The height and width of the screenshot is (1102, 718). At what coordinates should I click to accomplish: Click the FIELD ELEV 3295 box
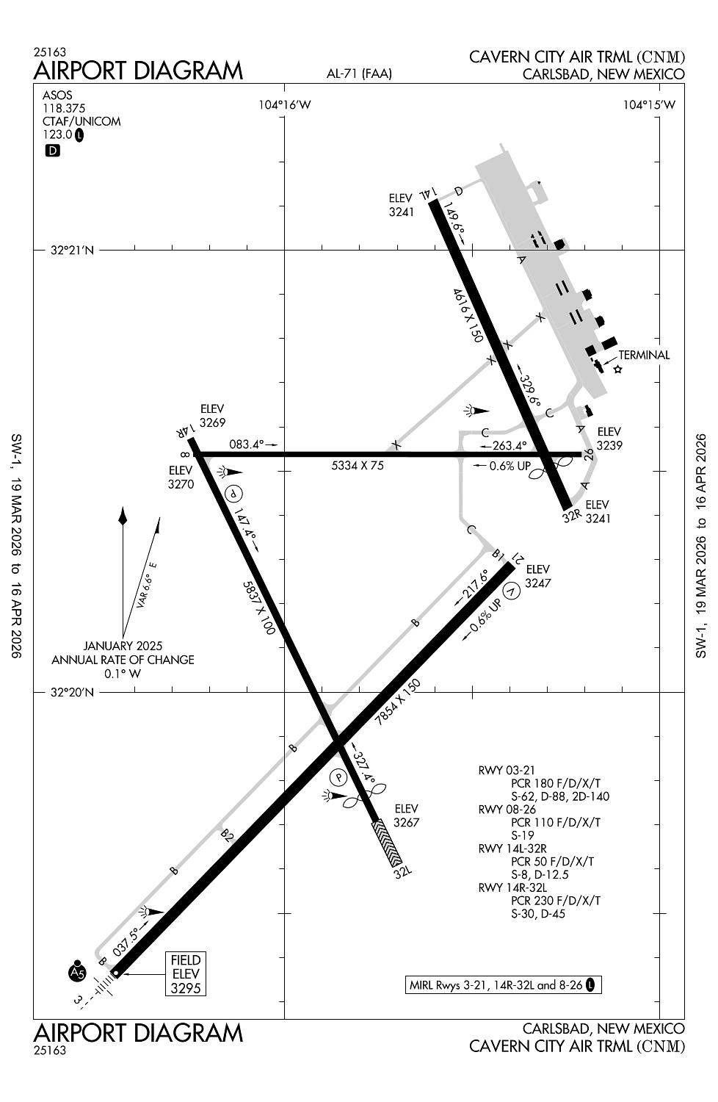185,973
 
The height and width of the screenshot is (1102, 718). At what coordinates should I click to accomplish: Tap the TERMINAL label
644,355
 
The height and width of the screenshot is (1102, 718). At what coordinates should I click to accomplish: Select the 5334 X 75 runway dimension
358,465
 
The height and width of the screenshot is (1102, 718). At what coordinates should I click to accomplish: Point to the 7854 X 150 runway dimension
398,703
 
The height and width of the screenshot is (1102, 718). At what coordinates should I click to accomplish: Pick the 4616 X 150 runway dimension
468,315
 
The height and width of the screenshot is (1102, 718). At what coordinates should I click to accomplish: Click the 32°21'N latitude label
73,251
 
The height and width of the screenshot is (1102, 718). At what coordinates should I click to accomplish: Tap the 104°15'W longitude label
649,105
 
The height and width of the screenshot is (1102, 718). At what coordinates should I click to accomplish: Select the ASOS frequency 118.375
64,108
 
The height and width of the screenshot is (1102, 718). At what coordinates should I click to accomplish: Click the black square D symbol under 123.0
52,151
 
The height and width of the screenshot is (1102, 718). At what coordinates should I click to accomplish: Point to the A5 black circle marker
77,972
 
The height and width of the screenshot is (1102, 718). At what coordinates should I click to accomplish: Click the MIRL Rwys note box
503,985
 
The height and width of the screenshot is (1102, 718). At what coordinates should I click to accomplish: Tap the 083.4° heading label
247,444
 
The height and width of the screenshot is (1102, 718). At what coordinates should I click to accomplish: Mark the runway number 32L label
403,873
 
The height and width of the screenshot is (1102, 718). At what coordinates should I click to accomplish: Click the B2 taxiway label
228,835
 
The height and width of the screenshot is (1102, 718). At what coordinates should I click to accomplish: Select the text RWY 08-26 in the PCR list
507,810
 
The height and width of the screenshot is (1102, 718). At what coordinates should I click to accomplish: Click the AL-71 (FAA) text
359,73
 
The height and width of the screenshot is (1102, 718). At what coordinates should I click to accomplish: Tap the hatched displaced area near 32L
387,843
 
